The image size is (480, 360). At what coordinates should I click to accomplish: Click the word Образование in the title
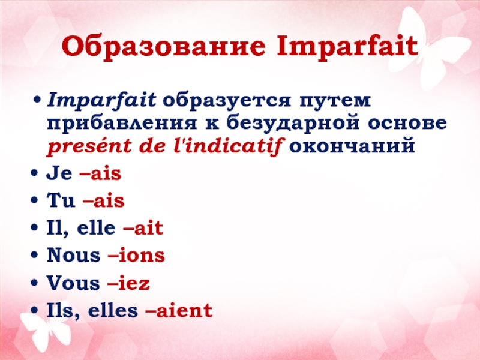[163, 46]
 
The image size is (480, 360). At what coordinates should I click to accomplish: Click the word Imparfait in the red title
[347, 47]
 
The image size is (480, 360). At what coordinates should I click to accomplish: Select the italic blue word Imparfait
[101, 101]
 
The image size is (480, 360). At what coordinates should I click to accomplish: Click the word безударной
[293, 123]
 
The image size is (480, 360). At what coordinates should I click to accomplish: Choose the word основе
[407, 123]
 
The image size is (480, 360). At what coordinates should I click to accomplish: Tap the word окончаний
[352, 146]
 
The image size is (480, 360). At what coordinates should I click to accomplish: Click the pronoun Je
[59, 173]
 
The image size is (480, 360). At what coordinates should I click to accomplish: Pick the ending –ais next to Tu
[103, 201]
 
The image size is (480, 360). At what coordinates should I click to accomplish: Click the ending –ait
[143, 228]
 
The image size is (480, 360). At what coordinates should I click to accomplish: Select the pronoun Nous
[73, 255]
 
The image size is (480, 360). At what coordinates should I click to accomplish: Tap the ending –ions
[136, 255]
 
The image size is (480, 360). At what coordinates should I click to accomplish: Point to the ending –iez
[128, 283]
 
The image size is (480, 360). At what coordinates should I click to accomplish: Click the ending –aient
[179, 310]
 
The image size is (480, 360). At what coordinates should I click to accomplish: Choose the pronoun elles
[113, 310]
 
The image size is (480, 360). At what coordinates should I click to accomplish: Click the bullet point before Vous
[34, 283]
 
